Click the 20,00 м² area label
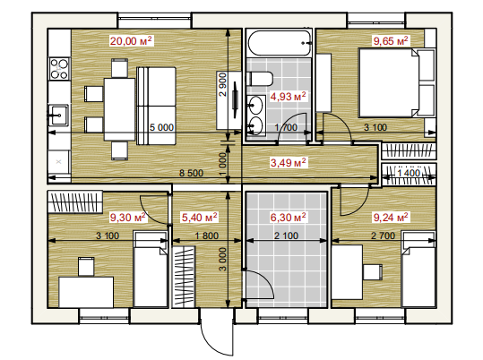[131, 40]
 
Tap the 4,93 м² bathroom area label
[288, 97]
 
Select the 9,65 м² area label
[391, 40]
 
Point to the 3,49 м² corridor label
[288, 162]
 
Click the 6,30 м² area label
[288, 218]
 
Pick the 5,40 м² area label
[199, 218]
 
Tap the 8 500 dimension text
[191, 173]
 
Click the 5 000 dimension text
[161, 127]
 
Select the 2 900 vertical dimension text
[222, 85]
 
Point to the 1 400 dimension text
[409, 173]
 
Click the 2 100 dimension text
[286, 236]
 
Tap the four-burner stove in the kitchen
[59, 69]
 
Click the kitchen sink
[59, 115]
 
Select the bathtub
[280, 43]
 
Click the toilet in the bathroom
[260, 79]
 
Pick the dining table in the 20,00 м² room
[119, 109]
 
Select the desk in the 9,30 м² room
[86, 292]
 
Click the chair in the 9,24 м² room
[373, 272]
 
